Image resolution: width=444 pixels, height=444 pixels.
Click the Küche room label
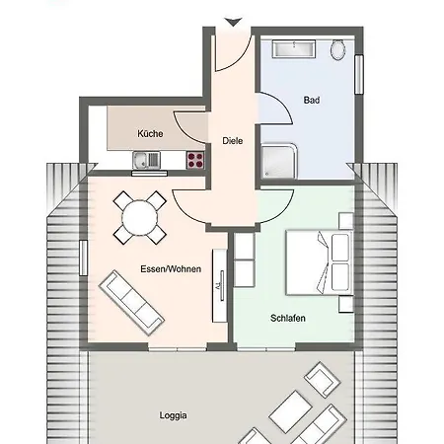click(x=150, y=134)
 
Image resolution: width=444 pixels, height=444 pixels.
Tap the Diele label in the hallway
click(x=233, y=141)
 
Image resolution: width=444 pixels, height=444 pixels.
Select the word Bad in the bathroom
click(x=312, y=100)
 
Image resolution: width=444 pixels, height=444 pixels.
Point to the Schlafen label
click(x=288, y=318)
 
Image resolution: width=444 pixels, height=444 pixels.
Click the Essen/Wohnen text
click(x=171, y=269)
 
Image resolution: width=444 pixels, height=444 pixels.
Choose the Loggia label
click(x=174, y=415)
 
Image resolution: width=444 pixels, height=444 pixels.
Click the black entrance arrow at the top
click(x=234, y=22)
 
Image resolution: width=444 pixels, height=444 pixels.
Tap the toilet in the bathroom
click(x=338, y=49)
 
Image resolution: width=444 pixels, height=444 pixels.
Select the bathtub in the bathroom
click(x=294, y=49)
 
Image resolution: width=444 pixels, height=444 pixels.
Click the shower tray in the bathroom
click(x=279, y=161)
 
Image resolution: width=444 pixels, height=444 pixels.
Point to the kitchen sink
click(x=146, y=160)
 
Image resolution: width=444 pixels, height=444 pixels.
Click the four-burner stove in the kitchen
click(x=195, y=160)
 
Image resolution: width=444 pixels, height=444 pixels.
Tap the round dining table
click(x=140, y=217)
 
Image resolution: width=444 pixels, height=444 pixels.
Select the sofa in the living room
click(x=131, y=303)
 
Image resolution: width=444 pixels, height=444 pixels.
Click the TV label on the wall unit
click(x=218, y=286)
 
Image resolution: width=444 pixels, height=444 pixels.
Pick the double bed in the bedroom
click(x=319, y=262)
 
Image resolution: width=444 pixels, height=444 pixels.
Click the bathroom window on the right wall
click(x=359, y=75)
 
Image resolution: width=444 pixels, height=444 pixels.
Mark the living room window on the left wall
click(x=84, y=258)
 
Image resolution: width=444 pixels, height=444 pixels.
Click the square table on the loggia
click(x=290, y=411)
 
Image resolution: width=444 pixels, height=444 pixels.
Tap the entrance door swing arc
click(x=241, y=60)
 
